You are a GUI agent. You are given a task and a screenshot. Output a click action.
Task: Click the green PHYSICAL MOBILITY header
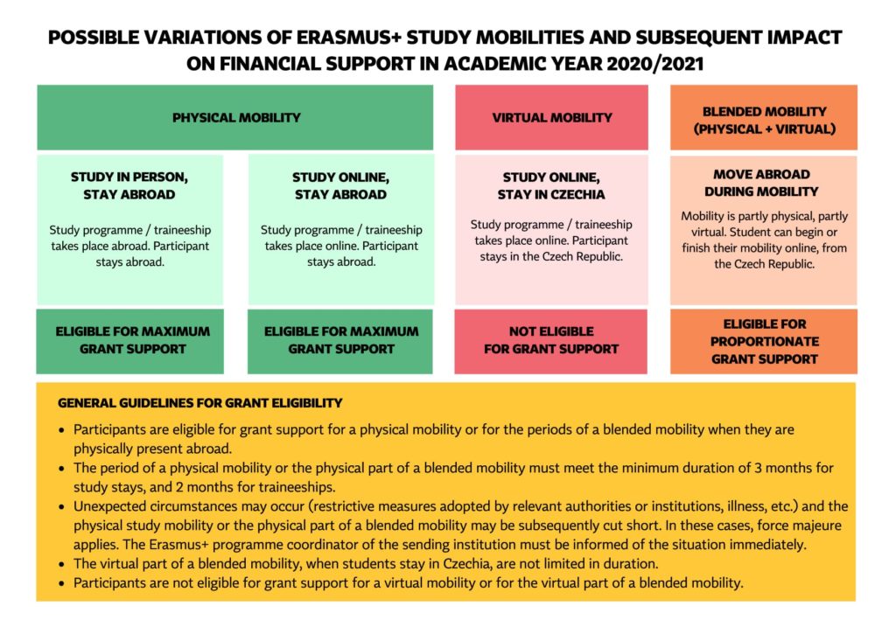[x=235, y=117]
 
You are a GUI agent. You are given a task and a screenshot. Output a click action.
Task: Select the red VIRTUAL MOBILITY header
[x=551, y=117]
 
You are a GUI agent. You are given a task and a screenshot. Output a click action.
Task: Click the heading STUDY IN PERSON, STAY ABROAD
[x=129, y=185]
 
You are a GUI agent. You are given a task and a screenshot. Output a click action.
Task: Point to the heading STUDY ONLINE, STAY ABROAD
[x=340, y=185]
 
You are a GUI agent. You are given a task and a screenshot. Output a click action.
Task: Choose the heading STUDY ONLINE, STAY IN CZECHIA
[x=550, y=185]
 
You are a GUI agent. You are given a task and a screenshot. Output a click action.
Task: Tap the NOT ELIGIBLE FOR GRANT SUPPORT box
[x=551, y=340]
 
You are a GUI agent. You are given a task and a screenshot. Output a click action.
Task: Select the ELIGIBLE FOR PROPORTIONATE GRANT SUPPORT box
[x=764, y=341]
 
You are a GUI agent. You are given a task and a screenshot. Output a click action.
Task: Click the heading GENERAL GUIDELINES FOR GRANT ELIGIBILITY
[x=199, y=403]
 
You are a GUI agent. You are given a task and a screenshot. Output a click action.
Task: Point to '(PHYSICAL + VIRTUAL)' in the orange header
[x=764, y=129]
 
